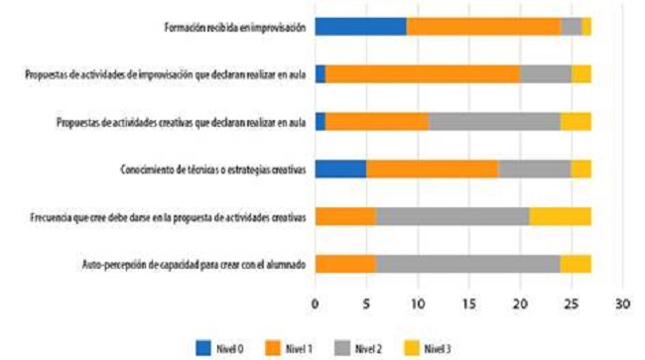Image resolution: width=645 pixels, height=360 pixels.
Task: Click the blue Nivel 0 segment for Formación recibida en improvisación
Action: pyautogui.click(x=360, y=27)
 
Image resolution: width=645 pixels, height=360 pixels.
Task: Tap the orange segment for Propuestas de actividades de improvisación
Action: pyautogui.click(x=422, y=73)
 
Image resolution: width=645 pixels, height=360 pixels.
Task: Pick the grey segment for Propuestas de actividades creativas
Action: pyautogui.click(x=494, y=121)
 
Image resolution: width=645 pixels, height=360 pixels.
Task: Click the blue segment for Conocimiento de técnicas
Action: pyautogui.click(x=340, y=169)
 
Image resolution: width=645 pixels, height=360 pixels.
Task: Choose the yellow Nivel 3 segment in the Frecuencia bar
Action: pyautogui.click(x=561, y=216)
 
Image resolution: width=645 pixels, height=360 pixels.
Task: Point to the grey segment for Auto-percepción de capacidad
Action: pyautogui.click(x=468, y=264)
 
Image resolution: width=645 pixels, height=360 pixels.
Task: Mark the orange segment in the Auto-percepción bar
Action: pyautogui.click(x=345, y=264)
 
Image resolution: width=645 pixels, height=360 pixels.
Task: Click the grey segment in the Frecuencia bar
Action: pyautogui.click(x=452, y=216)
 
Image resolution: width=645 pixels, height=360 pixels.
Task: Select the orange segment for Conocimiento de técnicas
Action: pyautogui.click(x=432, y=169)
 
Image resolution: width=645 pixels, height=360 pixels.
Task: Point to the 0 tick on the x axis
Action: pyautogui.click(x=316, y=303)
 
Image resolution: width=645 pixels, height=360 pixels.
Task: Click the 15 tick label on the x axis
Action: pyautogui.click(x=468, y=303)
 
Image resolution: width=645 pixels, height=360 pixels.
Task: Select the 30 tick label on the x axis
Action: pyautogui.click(x=622, y=303)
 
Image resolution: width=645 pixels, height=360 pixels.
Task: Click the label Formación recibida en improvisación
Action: pyautogui.click(x=235, y=27)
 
